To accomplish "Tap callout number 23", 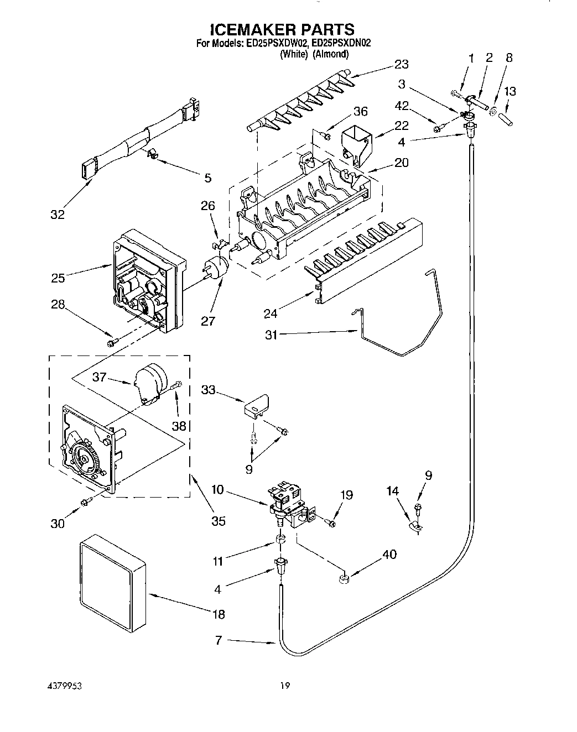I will click(402, 64).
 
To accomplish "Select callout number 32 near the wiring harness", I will click(58, 215).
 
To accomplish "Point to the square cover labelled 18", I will click(113, 583).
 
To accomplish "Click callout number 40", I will click(389, 554).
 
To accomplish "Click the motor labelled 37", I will click(150, 382).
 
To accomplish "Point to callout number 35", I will click(219, 520).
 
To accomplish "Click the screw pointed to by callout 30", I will click(85, 501).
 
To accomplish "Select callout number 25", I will click(58, 278).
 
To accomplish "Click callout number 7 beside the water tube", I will click(219, 641).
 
